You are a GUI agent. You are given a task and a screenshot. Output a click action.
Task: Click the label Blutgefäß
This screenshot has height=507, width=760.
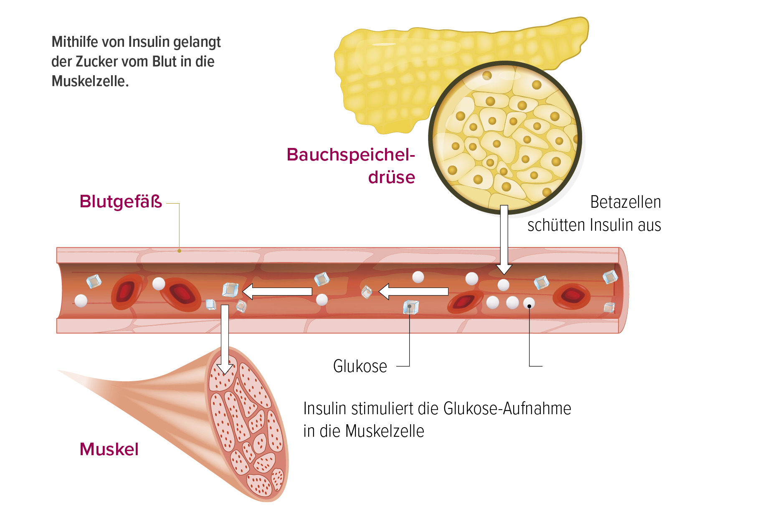click(x=121, y=201)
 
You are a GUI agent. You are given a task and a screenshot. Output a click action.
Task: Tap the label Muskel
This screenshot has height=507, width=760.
click(x=109, y=449)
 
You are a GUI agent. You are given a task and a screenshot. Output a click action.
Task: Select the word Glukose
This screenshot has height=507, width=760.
click(x=360, y=367)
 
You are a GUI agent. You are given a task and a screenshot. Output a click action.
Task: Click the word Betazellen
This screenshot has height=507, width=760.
click(x=626, y=202)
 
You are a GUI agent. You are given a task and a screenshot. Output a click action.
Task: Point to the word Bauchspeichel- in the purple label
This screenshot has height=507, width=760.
click(x=351, y=155)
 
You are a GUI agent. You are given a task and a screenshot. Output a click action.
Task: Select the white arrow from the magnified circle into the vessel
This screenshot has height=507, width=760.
click(x=504, y=239)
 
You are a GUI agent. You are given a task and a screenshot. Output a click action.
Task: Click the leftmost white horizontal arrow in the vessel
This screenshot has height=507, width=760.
click(x=277, y=292)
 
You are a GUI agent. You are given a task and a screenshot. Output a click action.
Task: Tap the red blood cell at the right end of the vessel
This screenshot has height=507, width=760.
click(x=572, y=296)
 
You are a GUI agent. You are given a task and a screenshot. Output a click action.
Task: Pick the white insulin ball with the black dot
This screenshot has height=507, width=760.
click(x=529, y=303)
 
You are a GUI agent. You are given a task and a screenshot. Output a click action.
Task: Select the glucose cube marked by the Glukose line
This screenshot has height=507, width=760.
click(x=411, y=307)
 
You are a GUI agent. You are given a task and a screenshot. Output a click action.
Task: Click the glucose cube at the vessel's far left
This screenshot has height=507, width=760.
click(x=94, y=281)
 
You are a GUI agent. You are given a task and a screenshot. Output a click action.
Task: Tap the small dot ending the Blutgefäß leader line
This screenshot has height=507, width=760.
click(x=179, y=251)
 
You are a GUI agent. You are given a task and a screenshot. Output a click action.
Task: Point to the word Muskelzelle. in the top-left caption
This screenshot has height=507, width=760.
click(x=90, y=81)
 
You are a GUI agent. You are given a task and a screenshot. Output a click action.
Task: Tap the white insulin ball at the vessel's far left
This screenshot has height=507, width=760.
click(x=81, y=301)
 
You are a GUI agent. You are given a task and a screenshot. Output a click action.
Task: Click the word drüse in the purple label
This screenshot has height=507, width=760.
click(x=392, y=177)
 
